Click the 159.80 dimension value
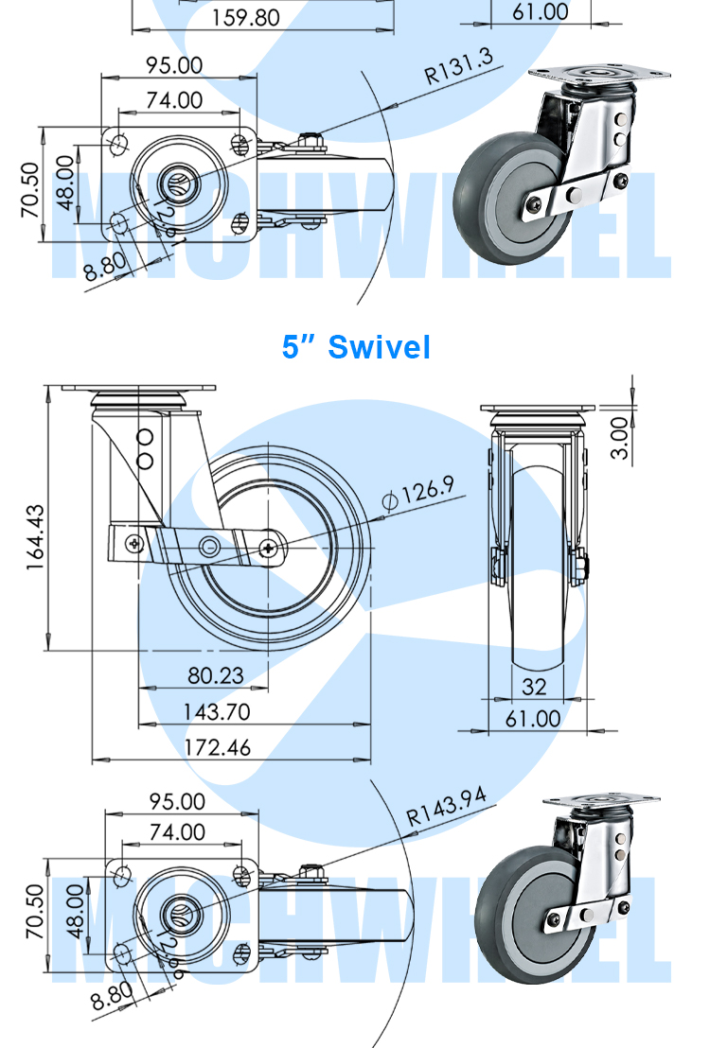[x=245, y=16]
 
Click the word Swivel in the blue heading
[x=379, y=347]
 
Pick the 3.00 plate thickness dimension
[x=619, y=438]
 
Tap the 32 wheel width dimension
[x=535, y=686]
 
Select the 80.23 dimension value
[x=216, y=675]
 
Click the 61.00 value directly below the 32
[x=534, y=719]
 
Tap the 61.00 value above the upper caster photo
[x=541, y=12]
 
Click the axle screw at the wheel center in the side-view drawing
[x=273, y=548]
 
